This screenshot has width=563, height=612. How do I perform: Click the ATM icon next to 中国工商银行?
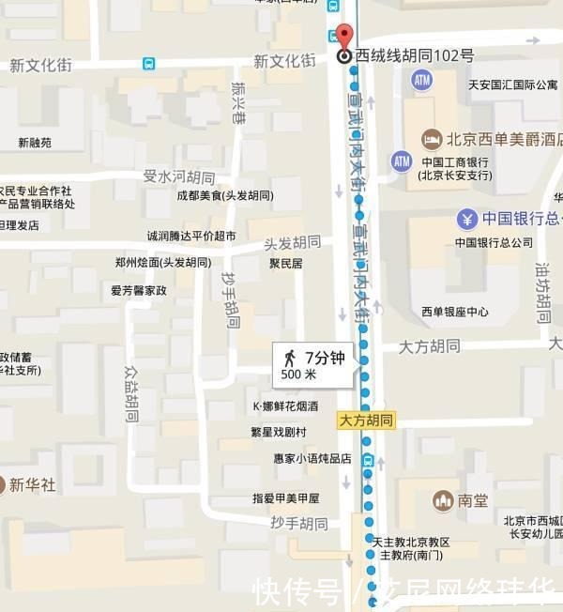[402, 161]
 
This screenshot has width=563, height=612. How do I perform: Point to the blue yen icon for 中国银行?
[467, 220]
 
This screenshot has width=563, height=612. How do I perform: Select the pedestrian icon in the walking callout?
[290, 358]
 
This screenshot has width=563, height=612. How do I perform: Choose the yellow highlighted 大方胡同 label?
[367, 421]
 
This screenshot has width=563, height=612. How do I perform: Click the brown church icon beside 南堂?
[444, 500]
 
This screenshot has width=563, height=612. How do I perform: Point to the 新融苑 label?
[35, 144]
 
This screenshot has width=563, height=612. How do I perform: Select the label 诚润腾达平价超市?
[191, 236]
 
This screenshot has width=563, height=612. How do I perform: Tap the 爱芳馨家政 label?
[138, 290]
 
